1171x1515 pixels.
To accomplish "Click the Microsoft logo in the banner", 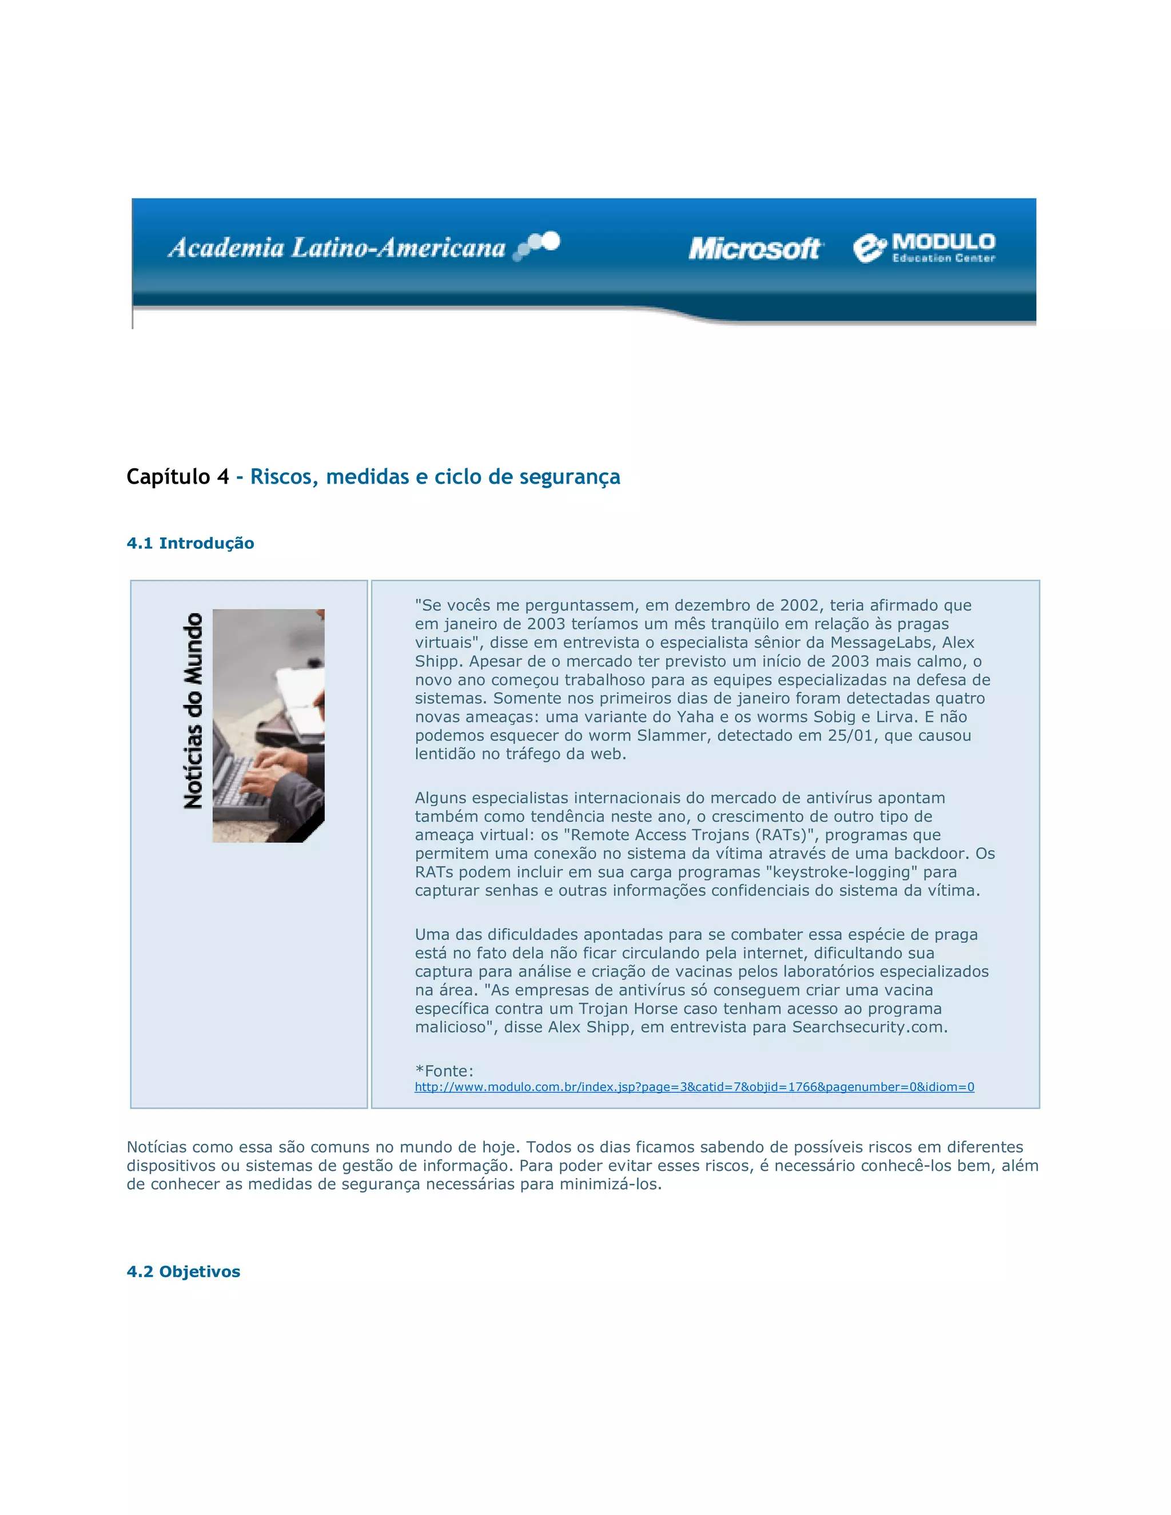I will click(755, 248).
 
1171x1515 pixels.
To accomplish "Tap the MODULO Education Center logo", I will click(924, 248).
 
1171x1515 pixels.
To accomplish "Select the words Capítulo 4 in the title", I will click(178, 477).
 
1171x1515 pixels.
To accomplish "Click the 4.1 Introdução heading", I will click(190, 543).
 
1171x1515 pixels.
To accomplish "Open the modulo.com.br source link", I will click(694, 1087).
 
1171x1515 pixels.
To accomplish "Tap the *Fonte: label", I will click(444, 1071).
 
